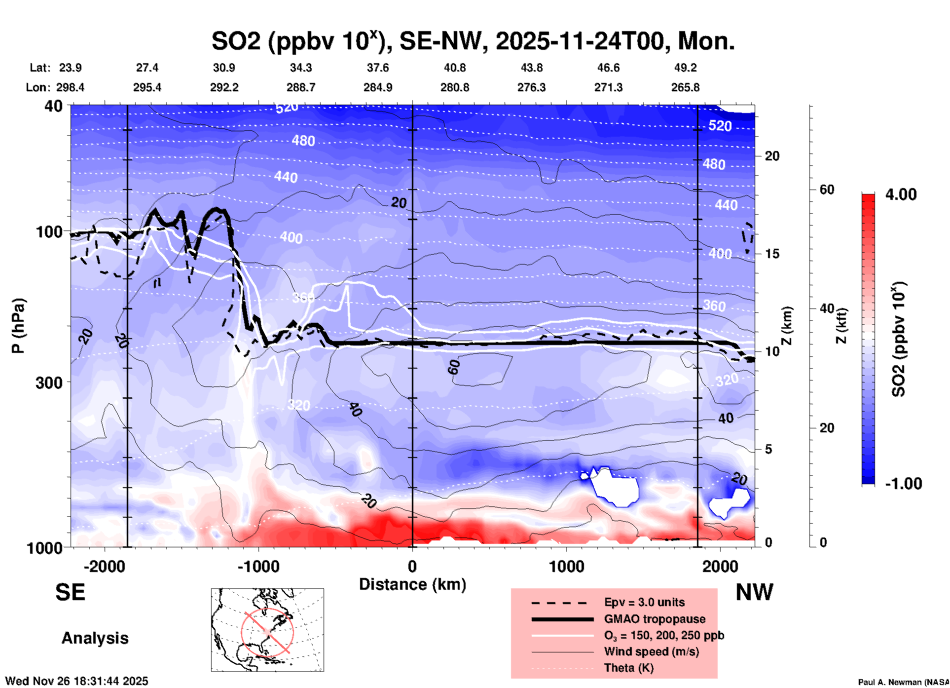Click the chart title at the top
(x=473, y=40)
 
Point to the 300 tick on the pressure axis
(x=49, y=382)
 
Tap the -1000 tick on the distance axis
(x=258, y=566)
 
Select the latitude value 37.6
(x=377, y=68)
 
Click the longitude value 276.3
(x=531, y=87)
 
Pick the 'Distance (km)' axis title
(x=412, y=584)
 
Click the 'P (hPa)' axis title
(x=18, y=326)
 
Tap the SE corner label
(x=70, y=592)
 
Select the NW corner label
(x=754, y=592)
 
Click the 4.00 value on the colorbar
(x=901, y=194)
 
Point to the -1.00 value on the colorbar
(x=903, y=484)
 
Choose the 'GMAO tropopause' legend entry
(x=655, y=619)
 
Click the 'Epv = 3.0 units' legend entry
(x=644, y=602)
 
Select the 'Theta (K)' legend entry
(x=628, y=668)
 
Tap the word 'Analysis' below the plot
(x=95, y=638)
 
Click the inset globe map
(x=267, y=630)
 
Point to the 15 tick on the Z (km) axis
(x=772, y=254)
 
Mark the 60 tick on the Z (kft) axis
(x=827, y=190)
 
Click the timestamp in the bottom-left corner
(x=76, y=681)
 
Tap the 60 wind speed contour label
(x=454, y=367)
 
